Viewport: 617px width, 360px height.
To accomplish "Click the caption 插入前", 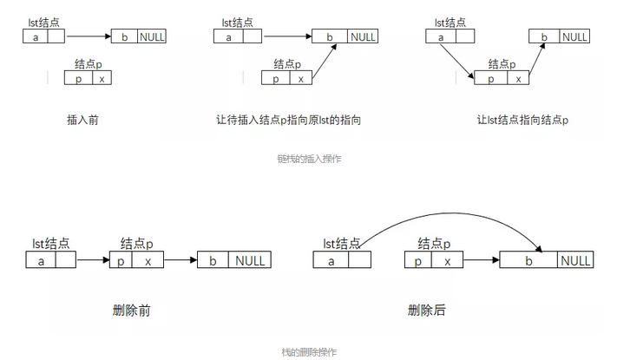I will pyautogui.click(x=82, y=120).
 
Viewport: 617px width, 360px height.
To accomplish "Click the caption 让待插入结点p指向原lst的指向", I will pyautogui.click(x=288, y=120).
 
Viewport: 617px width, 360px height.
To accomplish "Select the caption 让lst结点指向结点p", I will pyautogui.click(x=522, y=120).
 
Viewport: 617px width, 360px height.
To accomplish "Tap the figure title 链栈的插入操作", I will pyautogui.click(x=309, y=159).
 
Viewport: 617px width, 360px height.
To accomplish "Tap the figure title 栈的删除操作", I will pyautogui.click(x=309, y=352).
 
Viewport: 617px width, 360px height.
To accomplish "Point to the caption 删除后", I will pyautogui.click(x=427, y=310).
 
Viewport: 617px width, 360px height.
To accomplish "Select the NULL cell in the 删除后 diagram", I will pyautogui.click(x=574, y=260).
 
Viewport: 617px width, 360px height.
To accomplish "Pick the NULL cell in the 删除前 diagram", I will pyautogui.click(x=251, y=260).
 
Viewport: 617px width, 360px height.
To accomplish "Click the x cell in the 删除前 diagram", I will pyautogui.click(x=148, y=260).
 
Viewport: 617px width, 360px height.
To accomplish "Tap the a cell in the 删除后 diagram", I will pyautogui.click(x=331, y=260).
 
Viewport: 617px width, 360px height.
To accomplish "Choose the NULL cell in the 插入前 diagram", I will pyautogui.click(x=152, y=36).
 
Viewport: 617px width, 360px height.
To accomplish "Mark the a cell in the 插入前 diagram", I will pyautogui.click(x=35, y=36).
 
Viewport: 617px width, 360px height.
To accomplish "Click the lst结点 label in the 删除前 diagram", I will pyautogui.click(x=51, y=244).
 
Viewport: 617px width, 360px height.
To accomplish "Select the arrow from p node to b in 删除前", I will pyautogui.click(x=181, y=260).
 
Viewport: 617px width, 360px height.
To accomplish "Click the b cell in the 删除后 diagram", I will pyautogui.click(x=528, y=260).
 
